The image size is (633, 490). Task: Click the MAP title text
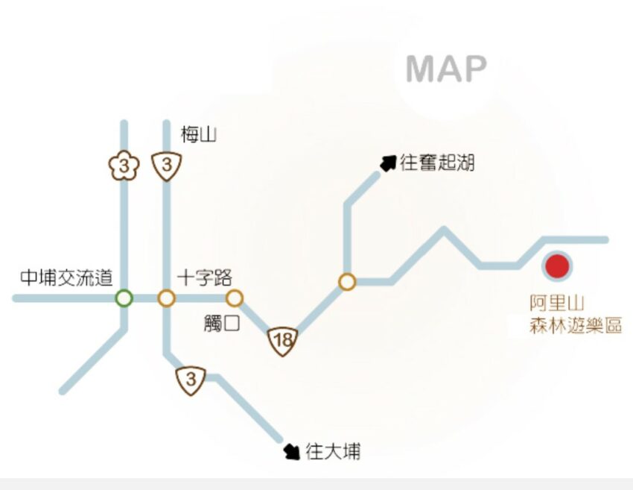[x=446, y=69]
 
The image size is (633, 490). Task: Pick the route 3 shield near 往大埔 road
[x=191, y=380]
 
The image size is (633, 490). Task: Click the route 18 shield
[x=283, y=342]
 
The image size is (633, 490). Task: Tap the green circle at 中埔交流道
[x=124, y=298]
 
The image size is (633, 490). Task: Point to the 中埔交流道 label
[x=66, y=278]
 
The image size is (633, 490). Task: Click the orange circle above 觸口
[x=235, y=298]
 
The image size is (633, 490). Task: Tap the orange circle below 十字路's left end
[x=166, y=298]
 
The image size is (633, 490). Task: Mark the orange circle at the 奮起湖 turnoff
[x=347, y=282]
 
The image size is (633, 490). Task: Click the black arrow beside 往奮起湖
[x=387, y=163]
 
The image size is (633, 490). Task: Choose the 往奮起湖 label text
[x=437, y=163]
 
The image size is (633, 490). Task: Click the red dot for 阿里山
[x=556, y=266]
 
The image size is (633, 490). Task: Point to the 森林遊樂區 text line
[x=576, y=325]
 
